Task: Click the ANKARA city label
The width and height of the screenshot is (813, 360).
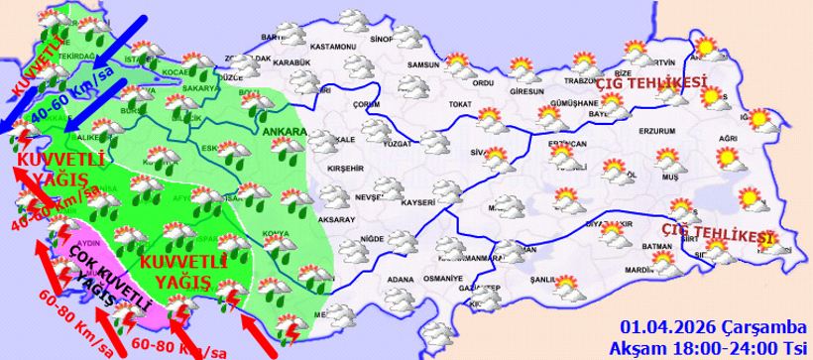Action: pos(284,130)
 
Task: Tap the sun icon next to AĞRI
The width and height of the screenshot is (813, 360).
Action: pos(758,120)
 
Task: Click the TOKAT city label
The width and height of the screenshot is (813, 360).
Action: pos(458,104)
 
